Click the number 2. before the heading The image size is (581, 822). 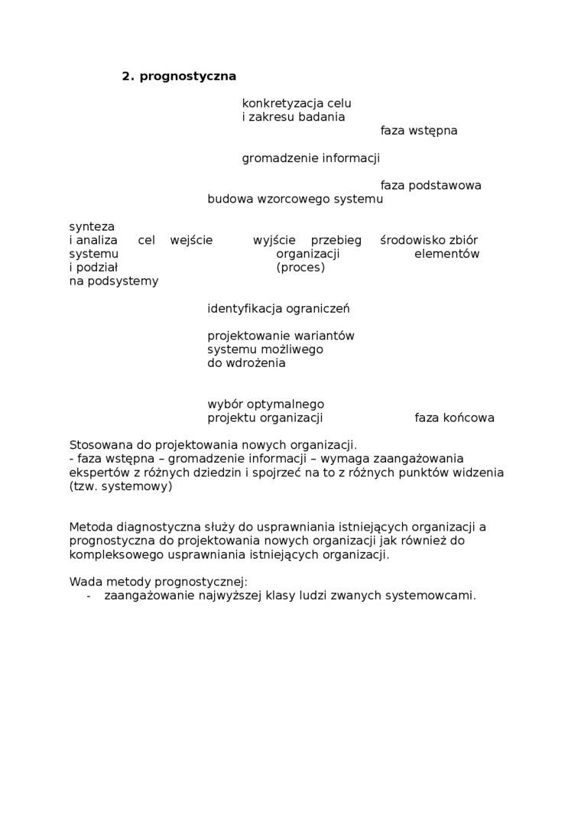128,76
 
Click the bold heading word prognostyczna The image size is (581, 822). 188,76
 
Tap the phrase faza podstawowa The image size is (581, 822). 431,186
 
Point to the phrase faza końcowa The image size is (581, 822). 455,418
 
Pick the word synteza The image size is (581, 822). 92,227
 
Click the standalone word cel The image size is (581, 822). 146,241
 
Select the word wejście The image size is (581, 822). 192,241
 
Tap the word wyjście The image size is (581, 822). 274,241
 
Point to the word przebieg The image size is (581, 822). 336,241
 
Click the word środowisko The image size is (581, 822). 411,241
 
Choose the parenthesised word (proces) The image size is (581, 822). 300,268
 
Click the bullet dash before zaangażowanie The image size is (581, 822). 89,596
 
